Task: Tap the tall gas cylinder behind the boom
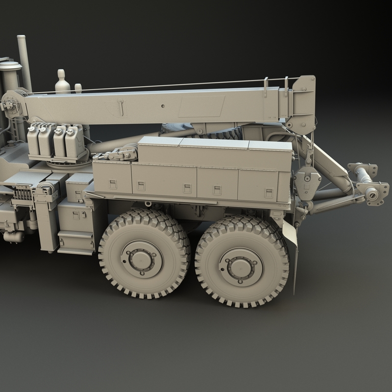click(62, 82)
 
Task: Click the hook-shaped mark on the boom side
click(121, 106)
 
